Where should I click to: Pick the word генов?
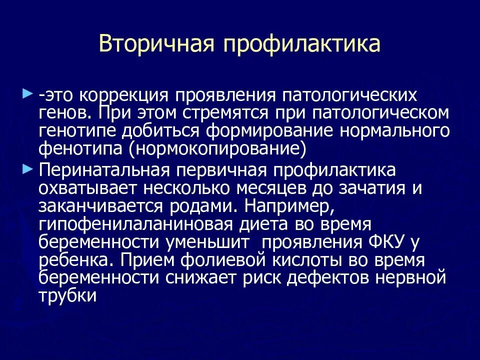63,112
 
